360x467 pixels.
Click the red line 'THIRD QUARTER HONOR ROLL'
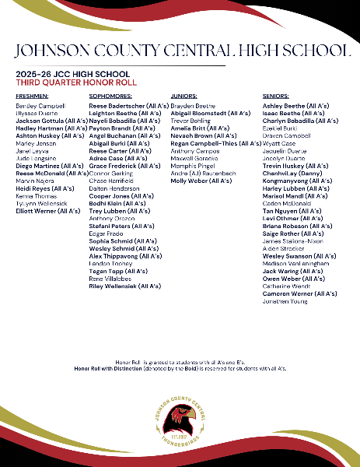tap(76, 81)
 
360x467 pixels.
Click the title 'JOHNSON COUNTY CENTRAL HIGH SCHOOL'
tap(180, 51)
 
